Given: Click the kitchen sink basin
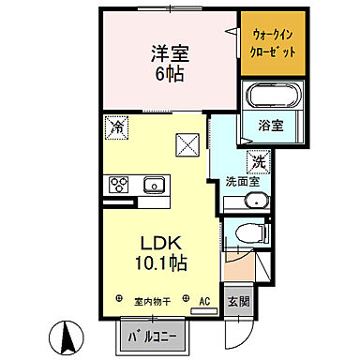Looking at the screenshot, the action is (x=152, y=184).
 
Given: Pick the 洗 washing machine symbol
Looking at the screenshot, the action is (x=256, y=162).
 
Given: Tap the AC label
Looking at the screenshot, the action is (x=204, y=301).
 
